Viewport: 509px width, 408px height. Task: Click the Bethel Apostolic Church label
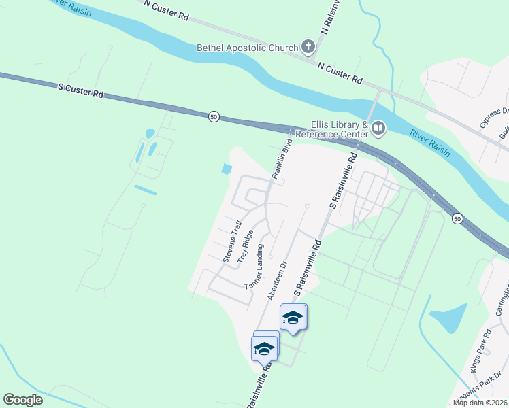point(247,48)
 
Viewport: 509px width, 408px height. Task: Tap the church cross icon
point(308,47)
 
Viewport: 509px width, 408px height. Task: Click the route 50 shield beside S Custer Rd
point(214,116)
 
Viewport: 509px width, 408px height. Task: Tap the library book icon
point(378,127)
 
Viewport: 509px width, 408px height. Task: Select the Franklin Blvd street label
point(282,159)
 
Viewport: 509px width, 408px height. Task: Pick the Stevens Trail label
point(232,241)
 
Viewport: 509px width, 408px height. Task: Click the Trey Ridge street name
point(246,246)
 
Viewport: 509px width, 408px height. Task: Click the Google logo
point(22,400)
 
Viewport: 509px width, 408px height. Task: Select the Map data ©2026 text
point(480,403)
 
